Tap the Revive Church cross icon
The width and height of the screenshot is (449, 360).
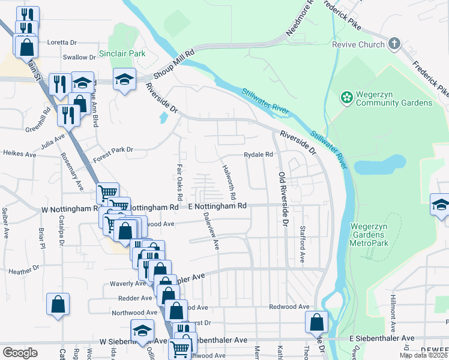tap(394, 44)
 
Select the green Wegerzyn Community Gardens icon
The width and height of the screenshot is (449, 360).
tap(346, 97)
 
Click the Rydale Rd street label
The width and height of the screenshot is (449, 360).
tap(258, 154)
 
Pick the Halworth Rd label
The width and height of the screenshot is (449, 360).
tap(228, 182)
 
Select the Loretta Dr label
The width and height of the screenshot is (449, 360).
tap(62, 43)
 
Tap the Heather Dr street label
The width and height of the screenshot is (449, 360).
tap(24, 271)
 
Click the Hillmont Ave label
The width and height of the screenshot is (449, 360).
tap(393, 312)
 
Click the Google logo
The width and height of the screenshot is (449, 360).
tap(20, 352)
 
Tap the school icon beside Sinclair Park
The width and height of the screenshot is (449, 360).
tap(124, 79)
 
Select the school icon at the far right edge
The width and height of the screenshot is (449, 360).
tap(440, 205)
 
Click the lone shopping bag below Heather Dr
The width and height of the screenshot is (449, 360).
tap(58, 304)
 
